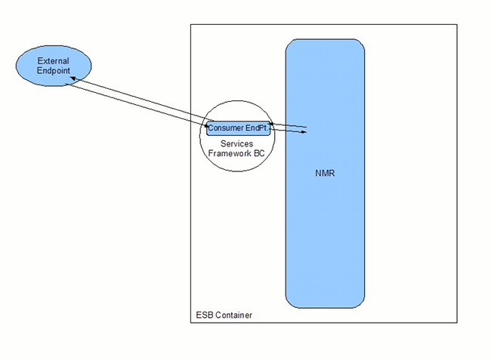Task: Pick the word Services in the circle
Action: (236, 143)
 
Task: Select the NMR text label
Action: (325, 173)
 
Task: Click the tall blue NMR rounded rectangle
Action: (325, 226)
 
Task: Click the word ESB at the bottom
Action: (203, 315)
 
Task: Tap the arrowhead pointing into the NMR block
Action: (304, 133)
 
